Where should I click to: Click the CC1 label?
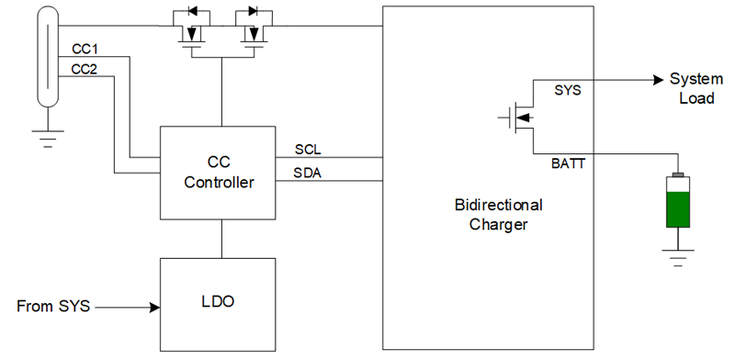(x=85, y=49)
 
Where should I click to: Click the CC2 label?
(x=85, y=69)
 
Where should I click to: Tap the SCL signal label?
(x=308, y=149)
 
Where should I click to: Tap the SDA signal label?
(x=309, y=172)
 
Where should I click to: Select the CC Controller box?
(x=219, y=173)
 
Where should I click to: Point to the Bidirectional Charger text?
(x=498, y=214)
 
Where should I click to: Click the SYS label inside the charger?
(x=568, y=90)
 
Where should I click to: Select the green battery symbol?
(x=679, y=202)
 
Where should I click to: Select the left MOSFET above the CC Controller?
(x=191, y=28)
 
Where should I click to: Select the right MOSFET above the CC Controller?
(x=250, y=28)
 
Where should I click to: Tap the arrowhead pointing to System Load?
(x=656, y=79)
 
